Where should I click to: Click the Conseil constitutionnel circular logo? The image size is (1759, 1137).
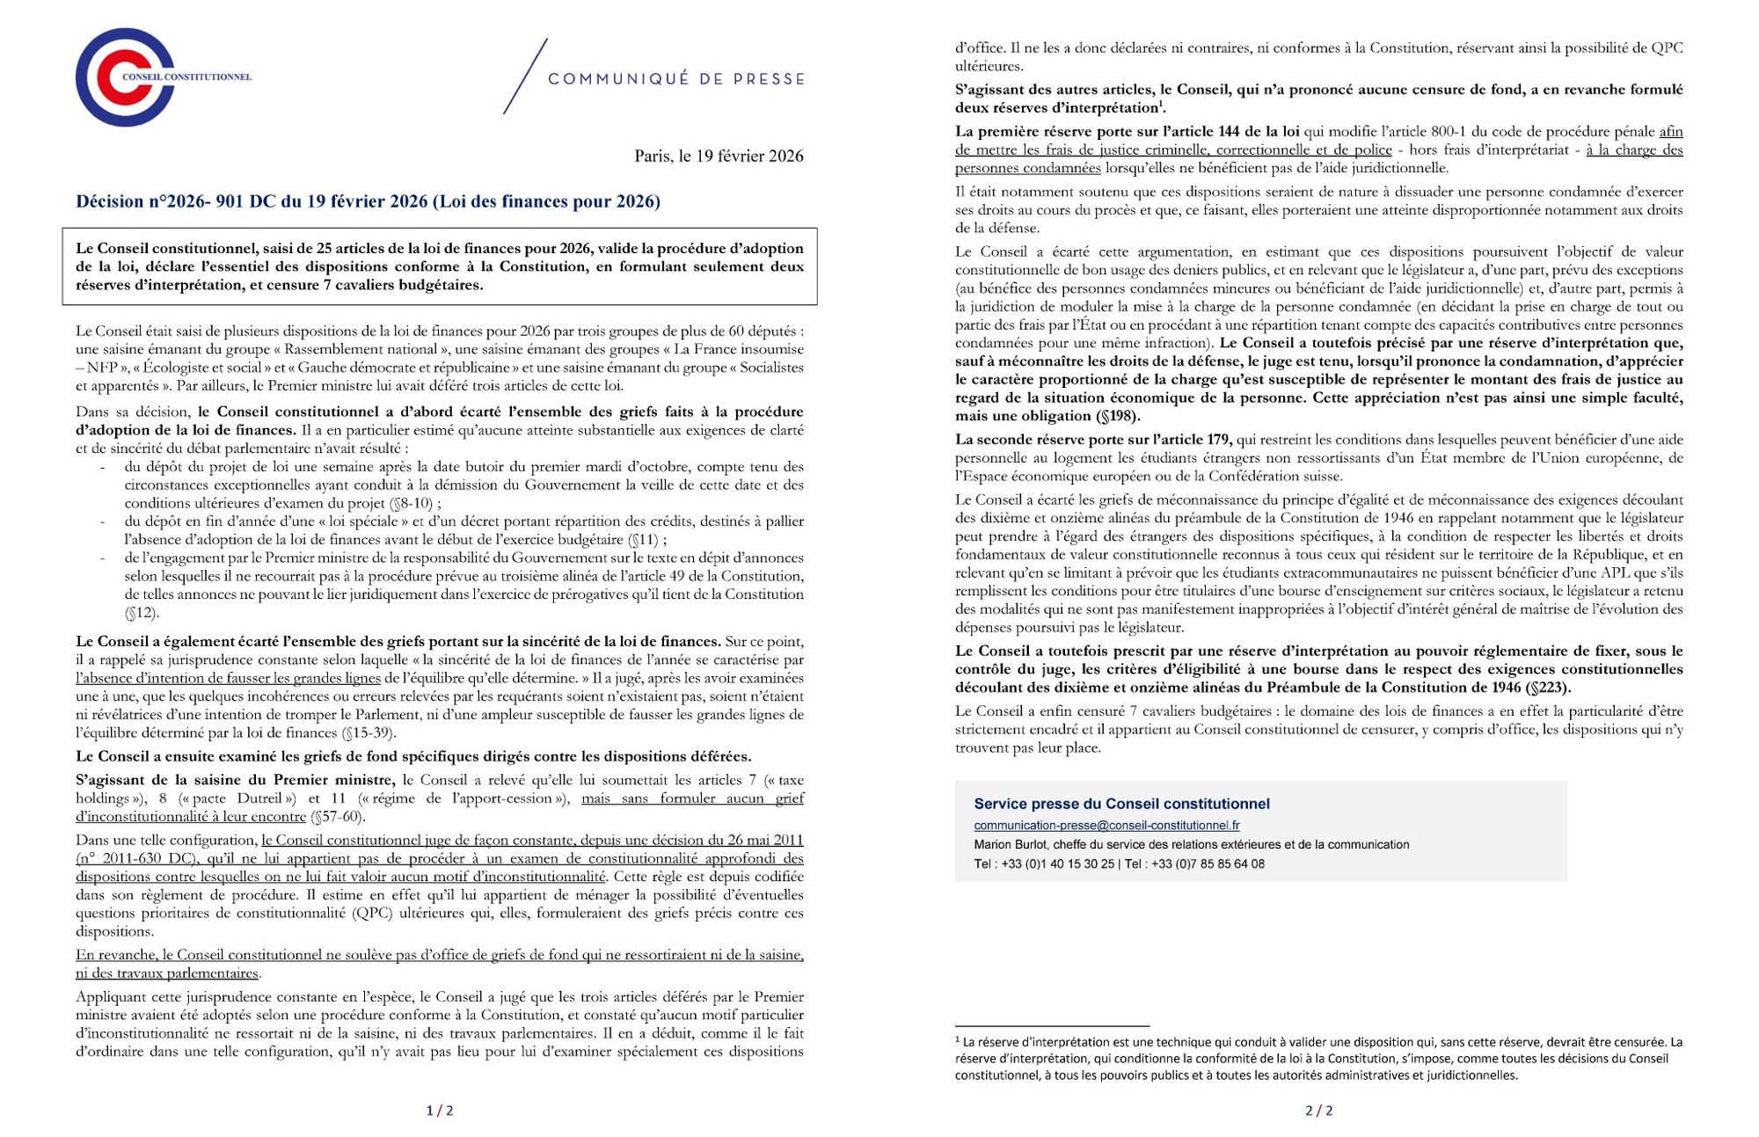125,77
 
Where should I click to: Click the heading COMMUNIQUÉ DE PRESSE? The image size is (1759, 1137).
675,79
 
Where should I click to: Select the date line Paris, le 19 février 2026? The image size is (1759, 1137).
719,157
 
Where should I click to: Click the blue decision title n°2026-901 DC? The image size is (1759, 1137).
368,201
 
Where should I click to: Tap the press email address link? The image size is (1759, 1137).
1106,826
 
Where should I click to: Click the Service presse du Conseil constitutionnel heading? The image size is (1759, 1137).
1121,804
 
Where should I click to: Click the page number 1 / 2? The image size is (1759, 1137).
440,1111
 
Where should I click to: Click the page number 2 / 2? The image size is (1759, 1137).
1318,1111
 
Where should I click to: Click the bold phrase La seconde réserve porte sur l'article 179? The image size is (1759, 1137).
1093,440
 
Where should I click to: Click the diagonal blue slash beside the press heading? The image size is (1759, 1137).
525,77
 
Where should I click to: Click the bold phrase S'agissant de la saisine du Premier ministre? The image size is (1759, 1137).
236,780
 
